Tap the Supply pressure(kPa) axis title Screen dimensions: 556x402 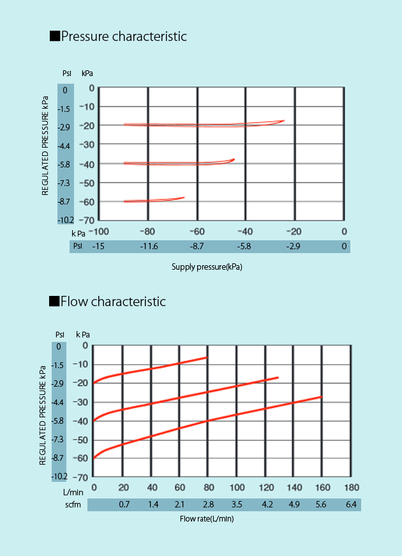tap(207, 267)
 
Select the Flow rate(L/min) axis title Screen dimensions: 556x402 tap(207, 519)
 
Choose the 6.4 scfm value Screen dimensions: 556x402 tap(352, 505)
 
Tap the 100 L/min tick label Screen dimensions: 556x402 tap(237, 489)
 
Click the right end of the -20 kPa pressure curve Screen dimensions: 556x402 tap(284, 120)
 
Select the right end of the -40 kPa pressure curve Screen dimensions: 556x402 tap(234, 159)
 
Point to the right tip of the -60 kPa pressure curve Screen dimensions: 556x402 tap(184, 197)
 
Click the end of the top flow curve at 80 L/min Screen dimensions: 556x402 tap(207, 358)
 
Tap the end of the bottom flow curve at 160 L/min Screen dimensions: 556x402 tap(322, 397)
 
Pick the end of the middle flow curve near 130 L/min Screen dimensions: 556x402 tap(278, 378)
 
